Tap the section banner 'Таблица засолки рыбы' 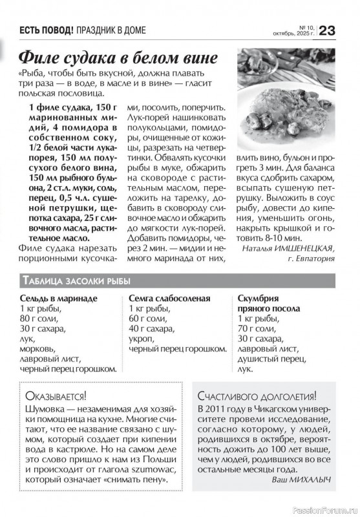76,280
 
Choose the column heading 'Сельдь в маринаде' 58,299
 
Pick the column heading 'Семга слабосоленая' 169,299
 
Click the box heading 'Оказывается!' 54,396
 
